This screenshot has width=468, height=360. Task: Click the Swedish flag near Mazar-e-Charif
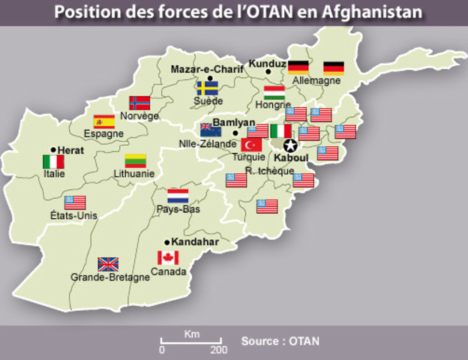[x=207, y=88]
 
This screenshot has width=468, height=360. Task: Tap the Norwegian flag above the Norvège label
[x=139, y=103]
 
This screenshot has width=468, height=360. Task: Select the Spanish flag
[x=103, y=121]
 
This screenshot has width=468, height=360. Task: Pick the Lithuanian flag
[x=135, y=160]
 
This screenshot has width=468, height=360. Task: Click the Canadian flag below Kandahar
[x=167, y=258]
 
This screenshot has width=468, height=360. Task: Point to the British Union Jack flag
[x=108, y=263]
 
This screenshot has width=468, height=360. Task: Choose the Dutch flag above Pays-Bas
[x=178, y=196]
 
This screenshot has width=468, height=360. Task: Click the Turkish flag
[x=251, y=144]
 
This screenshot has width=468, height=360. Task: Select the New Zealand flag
[x=210, y=129]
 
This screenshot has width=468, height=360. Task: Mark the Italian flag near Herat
[x=53, y=161]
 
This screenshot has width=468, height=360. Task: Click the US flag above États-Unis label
[x=75, y=202]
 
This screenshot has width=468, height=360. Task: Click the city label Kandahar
[x=194, y=242]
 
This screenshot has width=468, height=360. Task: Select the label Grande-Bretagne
[x=110, y=277]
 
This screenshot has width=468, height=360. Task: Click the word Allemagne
[x=315, y=80]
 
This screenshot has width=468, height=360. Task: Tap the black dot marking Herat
[x=53, y=149]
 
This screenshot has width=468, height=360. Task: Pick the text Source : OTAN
[x=280, y=341]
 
